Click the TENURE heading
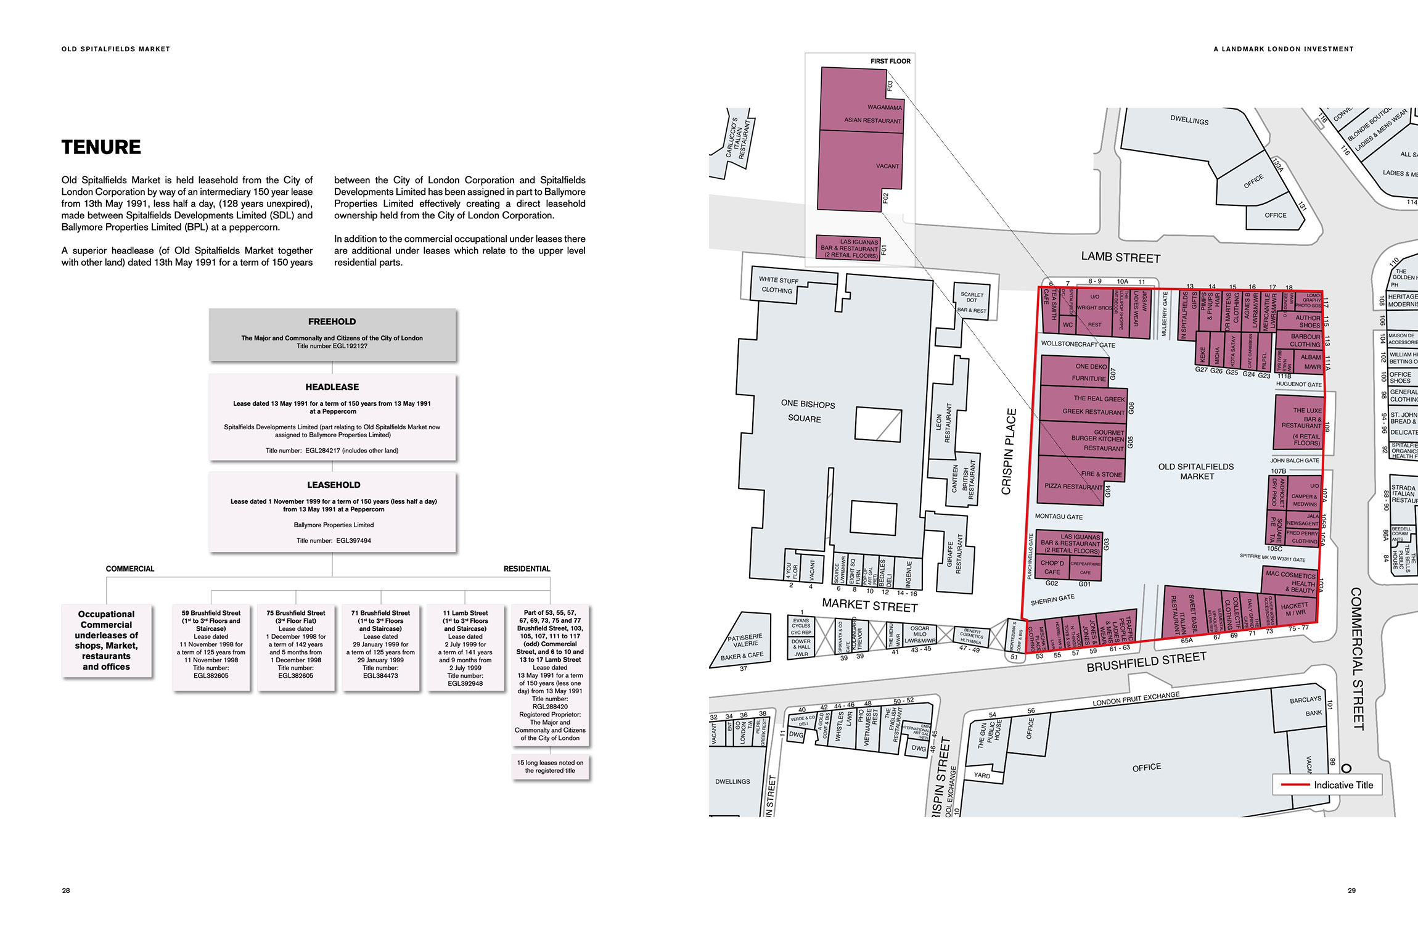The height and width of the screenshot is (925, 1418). point(101,147)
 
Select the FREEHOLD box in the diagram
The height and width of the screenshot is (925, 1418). point(332,334)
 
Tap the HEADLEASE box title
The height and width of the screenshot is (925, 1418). point(332,387)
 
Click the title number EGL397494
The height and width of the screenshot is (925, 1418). point(353,541)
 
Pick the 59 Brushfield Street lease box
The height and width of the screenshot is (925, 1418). point(211,647)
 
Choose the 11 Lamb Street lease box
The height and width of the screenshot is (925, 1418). point(465,647)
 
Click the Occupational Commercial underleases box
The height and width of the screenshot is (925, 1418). point(107,641)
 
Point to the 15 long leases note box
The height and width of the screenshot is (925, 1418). point(550,767)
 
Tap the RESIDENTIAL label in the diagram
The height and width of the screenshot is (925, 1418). point(527,569)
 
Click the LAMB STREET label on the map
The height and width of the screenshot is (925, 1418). point(1120,257)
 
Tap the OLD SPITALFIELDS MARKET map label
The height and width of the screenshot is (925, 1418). point(1196,471)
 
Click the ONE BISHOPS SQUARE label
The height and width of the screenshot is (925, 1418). point(808,411)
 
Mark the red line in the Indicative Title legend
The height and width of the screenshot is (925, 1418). point(1295,784)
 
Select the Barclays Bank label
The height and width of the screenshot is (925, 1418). point(1306,706)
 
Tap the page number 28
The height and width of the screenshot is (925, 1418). point(66,890)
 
